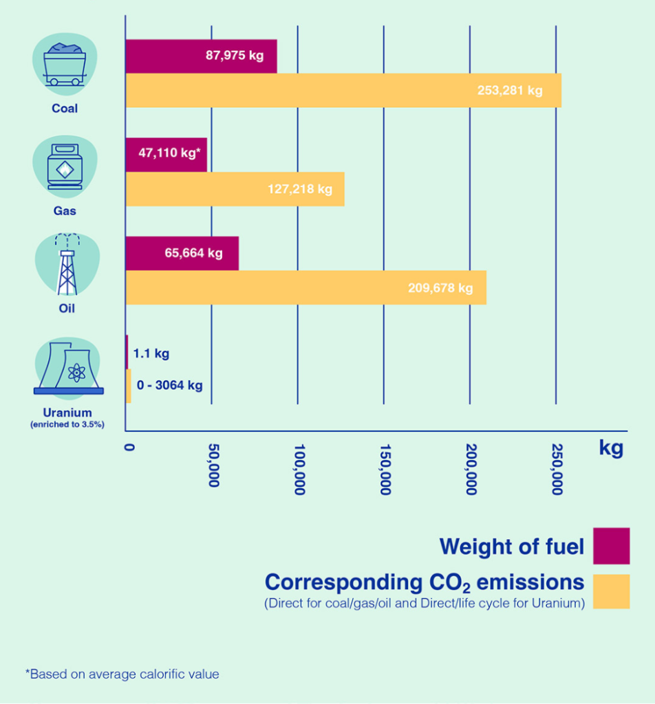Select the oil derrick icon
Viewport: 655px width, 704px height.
click(67, 265)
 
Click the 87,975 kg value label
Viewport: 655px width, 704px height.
click(235, 56)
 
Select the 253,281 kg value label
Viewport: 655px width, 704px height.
click(510, 90)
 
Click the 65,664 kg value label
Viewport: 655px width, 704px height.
click(193, 253)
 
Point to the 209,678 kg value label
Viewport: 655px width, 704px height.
click(440, 287)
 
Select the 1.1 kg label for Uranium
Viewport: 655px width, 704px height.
click(151, 354)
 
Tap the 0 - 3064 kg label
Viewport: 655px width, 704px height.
click(170, 385)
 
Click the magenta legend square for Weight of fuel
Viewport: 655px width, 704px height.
click(611, 545)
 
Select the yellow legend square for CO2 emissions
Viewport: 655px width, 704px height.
click(611, 591)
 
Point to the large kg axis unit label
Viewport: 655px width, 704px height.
click(611, 448)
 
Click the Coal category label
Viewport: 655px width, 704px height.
click(65, 108)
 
